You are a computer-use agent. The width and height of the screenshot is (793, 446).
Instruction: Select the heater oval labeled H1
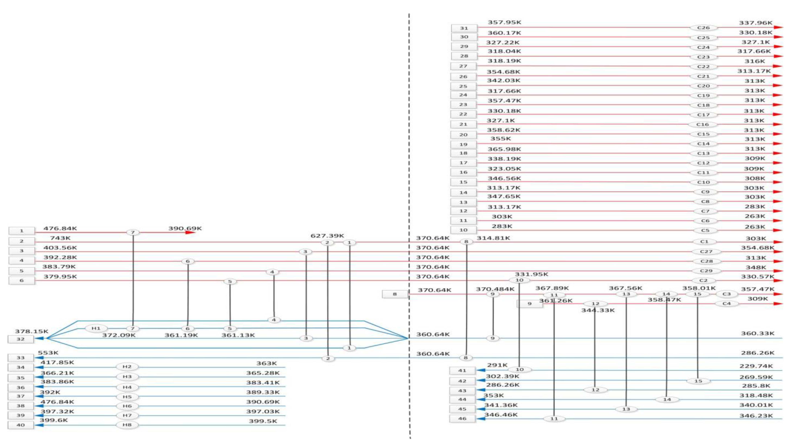click(96, 328)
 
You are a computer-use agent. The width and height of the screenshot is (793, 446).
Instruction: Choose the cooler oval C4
click(726, 304)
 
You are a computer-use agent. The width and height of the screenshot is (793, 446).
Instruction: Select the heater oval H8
click(127, 425)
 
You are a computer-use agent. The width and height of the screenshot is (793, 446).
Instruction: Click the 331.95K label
click(531, 274)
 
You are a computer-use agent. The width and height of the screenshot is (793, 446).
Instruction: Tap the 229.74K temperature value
click(756, 366)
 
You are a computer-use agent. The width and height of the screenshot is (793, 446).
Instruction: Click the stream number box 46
click(462, 419)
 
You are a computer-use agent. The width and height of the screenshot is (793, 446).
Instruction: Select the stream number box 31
click(464, 28)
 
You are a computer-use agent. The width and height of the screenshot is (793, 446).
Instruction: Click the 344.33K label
click(598, 310)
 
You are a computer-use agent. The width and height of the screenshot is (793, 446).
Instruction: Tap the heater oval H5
click(127, 397)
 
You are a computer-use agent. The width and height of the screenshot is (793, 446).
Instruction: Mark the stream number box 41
click(462, 371)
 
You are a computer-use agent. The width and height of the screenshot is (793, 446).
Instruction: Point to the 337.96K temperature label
click(755, 23)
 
